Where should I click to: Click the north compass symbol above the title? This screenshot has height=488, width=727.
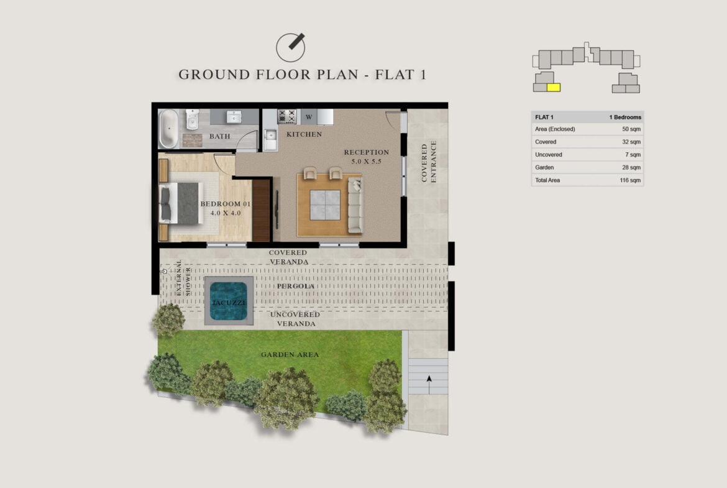290,47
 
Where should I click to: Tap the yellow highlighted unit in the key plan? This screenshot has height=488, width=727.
554,87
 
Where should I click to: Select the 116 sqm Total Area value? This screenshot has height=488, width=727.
630,180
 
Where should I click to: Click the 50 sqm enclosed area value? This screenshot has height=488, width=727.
631,129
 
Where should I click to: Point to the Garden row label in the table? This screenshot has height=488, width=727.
544,167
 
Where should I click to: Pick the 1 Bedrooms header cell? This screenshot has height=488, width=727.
625,117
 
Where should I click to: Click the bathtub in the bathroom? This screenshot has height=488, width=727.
168,129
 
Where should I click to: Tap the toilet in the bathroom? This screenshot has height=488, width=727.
192,119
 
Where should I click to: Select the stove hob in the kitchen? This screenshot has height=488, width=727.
286,116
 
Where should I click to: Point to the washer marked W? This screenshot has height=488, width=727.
309,117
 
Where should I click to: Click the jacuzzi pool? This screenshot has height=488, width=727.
229,301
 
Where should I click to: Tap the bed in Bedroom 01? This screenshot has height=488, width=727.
179,203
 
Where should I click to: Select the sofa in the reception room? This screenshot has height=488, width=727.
355,205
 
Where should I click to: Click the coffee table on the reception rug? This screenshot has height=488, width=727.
325,205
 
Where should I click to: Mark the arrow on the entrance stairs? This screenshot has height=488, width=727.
429,385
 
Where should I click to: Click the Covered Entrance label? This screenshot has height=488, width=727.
429,162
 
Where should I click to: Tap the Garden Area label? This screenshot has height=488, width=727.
290,354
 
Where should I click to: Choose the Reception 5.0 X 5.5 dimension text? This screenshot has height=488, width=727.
366,162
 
